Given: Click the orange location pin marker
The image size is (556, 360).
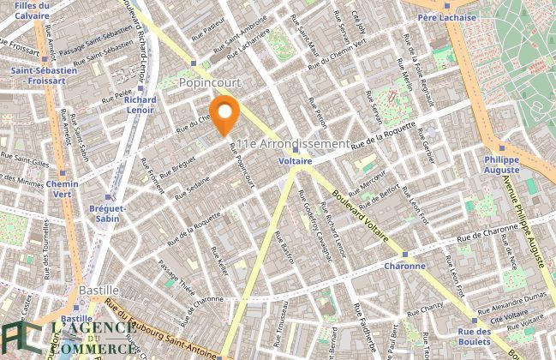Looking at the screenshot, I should tap(224, 116).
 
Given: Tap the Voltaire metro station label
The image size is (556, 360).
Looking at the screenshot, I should tap(295, 160).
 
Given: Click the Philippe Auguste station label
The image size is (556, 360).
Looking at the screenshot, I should tap(501, 165).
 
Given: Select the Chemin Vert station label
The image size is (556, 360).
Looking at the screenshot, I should tap(63, 189).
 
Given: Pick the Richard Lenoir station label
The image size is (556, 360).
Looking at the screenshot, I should tap(140, 105).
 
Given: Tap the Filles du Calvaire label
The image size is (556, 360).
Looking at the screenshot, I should tap(26, 9).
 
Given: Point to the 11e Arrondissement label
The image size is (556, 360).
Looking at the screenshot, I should tap(295, 143).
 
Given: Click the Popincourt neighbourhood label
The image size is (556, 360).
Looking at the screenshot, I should tap(210, 82).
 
